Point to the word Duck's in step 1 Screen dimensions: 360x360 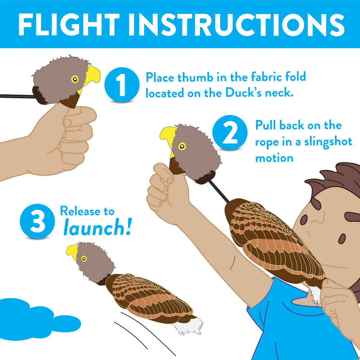(237, 93)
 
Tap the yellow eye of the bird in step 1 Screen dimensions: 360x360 (75, 80)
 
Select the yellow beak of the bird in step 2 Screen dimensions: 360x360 (168, 136)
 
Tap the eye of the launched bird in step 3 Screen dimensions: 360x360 (84, 258)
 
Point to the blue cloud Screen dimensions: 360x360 (25, 313)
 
